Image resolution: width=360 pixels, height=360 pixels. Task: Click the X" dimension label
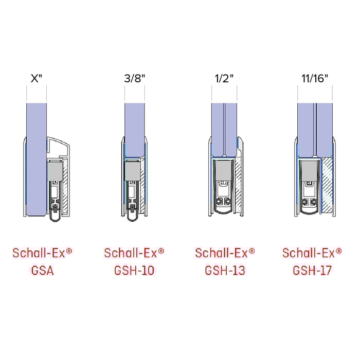37,79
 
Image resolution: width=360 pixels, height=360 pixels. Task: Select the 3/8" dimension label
134,79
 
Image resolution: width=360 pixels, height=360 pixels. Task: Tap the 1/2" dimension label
224,79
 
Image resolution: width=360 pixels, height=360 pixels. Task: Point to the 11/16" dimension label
314,79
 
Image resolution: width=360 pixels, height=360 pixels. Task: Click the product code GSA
42,269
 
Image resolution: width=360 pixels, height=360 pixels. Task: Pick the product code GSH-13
225,269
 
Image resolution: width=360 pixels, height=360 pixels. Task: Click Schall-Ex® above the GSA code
42,253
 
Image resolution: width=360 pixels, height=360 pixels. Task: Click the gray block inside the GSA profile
54,170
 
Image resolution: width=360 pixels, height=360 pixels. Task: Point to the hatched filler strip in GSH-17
326,185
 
